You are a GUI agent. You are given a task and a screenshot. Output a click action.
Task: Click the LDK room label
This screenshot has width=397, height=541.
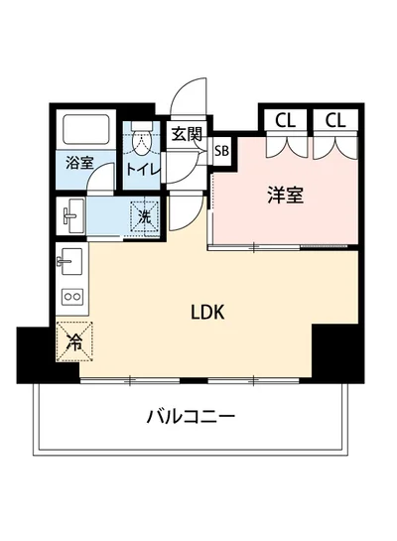pos(207,311)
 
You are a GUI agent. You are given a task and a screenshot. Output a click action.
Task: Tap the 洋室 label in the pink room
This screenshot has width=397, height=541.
pos(285,196)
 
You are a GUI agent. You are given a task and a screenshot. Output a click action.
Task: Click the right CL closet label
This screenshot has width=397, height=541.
pos(334,121)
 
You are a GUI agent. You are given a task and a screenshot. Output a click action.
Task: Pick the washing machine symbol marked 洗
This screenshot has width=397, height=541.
pos(144,213)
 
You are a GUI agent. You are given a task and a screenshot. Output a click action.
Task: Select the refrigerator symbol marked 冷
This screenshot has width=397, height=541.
pos(75,343)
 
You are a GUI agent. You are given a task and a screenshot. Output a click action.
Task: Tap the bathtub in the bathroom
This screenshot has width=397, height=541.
pos(87,130)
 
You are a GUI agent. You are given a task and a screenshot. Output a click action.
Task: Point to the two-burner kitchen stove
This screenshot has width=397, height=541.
pos(71,296)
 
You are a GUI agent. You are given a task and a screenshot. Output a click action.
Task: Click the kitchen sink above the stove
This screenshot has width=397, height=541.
pos(69,262)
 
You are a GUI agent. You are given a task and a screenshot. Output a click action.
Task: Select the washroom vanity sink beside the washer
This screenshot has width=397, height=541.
pos(72,212)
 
